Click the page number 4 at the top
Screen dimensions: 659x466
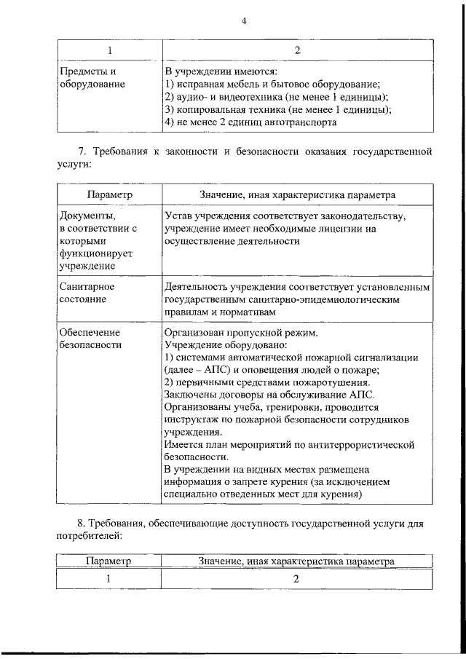click(x=245, y=21)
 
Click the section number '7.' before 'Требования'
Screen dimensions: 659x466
click(x=82, y=151)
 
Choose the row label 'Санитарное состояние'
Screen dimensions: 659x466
click(x=86, y=293)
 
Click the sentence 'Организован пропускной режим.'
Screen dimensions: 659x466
click(x=241, y=332)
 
